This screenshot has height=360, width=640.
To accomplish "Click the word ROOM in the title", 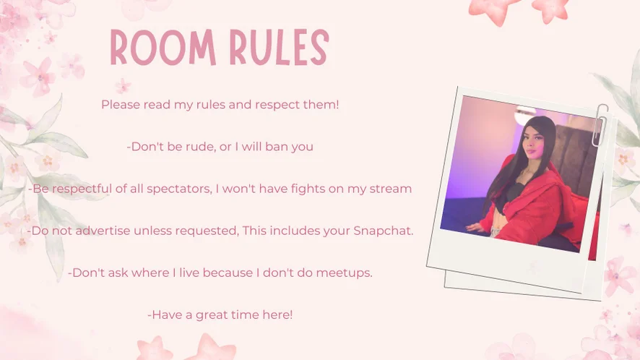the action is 163,48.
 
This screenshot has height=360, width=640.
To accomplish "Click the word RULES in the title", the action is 279,48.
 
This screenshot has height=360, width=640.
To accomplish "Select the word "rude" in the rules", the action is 200,146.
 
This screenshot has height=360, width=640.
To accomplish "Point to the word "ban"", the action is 277,146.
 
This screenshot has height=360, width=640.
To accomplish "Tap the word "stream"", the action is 391,189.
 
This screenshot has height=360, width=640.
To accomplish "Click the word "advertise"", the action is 103,231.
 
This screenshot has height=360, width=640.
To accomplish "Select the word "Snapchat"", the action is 384,231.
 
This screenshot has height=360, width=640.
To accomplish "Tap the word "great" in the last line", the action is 212,315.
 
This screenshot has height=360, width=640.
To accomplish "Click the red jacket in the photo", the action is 539,205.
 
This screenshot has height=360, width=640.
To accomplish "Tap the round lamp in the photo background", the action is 525,115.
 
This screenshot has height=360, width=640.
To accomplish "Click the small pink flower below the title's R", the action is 123,86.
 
